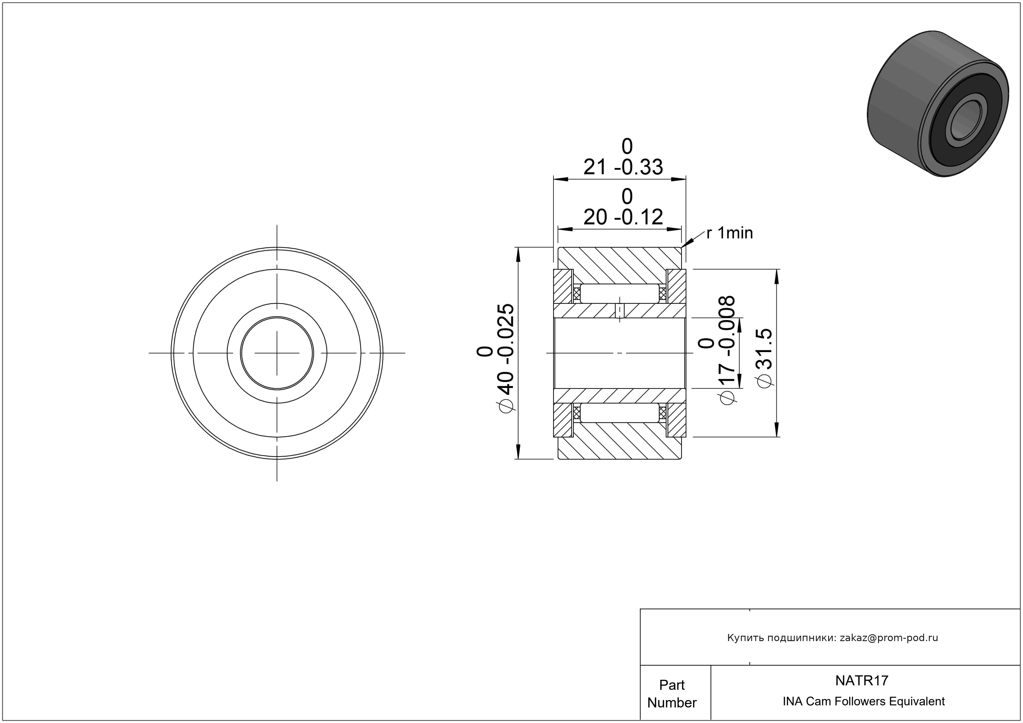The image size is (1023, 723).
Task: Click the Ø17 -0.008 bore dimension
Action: tap(716, 350)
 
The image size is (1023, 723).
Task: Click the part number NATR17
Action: tap(862, 680)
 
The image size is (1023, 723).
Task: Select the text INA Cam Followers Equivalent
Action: tap(863, 701)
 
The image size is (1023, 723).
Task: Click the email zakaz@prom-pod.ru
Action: tap(889, 638)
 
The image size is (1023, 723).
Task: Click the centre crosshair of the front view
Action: tap(277, 353)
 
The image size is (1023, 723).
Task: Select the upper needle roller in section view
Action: tap(620, 294)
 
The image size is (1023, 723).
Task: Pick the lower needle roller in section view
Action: tap(620, 413)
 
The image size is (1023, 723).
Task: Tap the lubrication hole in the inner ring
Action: tap(620, 311)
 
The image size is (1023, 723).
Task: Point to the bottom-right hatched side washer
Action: tap(676, 420)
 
